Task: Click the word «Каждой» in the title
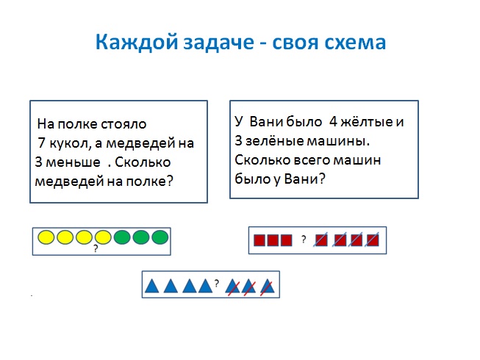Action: pos(136,42)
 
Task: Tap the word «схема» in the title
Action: pos(355,43)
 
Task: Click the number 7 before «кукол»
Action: pos(41,143)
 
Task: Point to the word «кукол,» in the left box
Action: pos(70,143)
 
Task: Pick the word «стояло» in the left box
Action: pos(123,124)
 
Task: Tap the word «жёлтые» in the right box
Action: pos(367,122)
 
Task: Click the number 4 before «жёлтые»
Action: pos(333,122)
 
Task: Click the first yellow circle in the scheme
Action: pos(46,237)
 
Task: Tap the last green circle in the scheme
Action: pos(160,237)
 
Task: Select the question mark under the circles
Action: pos(96,248)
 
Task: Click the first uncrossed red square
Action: pos(259,240)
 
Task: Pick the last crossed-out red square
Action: pos(373,240)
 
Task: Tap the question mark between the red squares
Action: pos(304,240)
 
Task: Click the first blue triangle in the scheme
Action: pos(152,287)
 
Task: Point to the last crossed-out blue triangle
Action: pos(268,287)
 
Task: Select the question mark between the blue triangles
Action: pos(217,284)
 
